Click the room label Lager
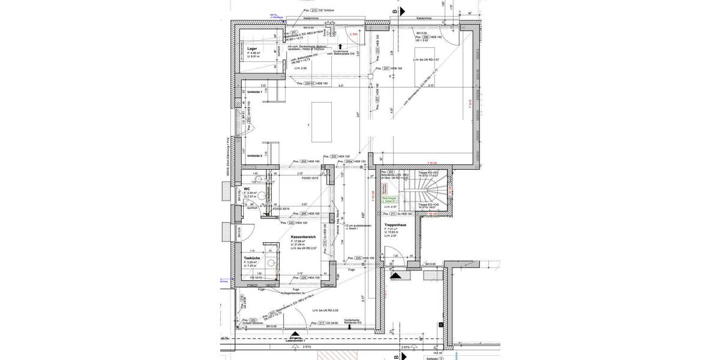(x=252, y=48)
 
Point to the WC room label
(x=247, y=189)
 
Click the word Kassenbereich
(x=303, y=237)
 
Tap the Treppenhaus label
(x=395, y=225)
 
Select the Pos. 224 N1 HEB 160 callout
(x=313, y=83)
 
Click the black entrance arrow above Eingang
(x=294, y=334)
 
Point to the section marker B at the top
(x=395, y=11)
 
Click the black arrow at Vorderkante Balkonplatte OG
(x=340, y=46)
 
